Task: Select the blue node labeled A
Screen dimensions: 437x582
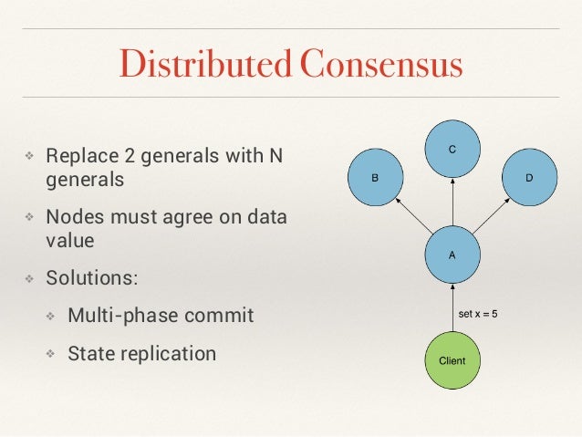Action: [x=451, y=255]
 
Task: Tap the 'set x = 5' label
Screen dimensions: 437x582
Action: [x=478, y=314]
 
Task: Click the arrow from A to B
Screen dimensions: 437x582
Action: [x=410, y=215]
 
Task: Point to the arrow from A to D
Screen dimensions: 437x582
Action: [x=493, y=215]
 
